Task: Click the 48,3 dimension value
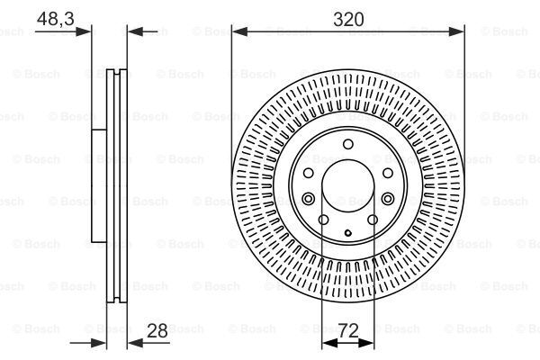coord(55,16)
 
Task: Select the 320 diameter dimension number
coord(347,16)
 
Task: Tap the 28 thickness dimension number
coord(158,331)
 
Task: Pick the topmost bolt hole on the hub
coord(346,146)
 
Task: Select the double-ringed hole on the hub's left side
coord(308,198)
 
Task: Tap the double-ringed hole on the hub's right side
coord(386,198)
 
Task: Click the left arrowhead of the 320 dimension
coord(238,31)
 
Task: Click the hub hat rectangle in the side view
coord(96,187)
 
